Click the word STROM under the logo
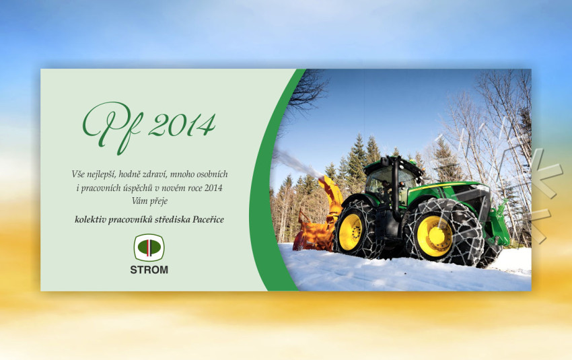point(149,270)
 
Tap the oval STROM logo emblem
point(149,248)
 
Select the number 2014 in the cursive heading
point(182,125)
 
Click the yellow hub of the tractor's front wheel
point(434,236)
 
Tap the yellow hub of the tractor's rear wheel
point(351,232)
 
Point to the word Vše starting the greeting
point(78,174)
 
